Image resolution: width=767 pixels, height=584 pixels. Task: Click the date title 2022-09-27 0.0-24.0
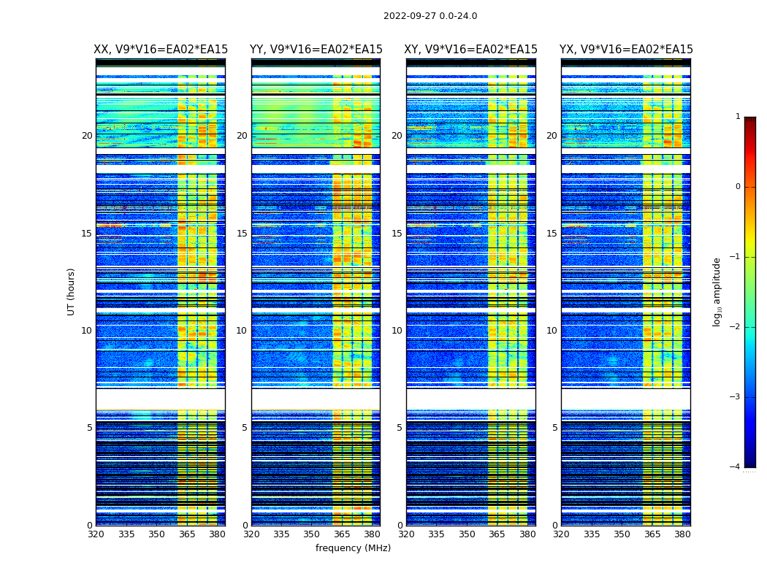[430, 16]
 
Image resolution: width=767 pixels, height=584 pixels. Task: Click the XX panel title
[161, 50]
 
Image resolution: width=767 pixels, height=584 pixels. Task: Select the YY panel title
[316, 50]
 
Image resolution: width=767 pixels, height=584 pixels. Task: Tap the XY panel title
[471, 50]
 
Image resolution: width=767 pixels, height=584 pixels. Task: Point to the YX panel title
[626, 50]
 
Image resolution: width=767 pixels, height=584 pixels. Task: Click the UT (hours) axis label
[72, 291]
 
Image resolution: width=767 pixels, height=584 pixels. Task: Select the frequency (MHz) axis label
[353, 548]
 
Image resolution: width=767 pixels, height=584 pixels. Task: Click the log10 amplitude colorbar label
[717, 291]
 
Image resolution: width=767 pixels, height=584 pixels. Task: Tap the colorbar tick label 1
[738, 117]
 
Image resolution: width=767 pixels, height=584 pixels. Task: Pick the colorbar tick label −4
[736, 467]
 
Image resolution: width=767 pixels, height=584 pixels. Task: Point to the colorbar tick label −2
[736, 327]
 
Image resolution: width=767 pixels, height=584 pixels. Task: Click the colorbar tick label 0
[738, 187]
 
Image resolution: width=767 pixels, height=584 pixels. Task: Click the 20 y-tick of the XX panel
[87, 136]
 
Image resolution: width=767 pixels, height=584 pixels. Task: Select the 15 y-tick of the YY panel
[242, 234]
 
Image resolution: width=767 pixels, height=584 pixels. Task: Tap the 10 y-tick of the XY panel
[397, 331]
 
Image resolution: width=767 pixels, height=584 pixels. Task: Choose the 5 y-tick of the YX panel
[554, 428]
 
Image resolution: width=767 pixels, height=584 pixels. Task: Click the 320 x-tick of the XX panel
[96, 534]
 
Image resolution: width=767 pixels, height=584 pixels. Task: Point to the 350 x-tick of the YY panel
[312, 534]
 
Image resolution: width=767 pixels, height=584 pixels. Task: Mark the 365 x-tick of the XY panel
[497, 534]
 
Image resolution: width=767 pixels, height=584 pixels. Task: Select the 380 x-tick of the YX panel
[682, 534]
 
